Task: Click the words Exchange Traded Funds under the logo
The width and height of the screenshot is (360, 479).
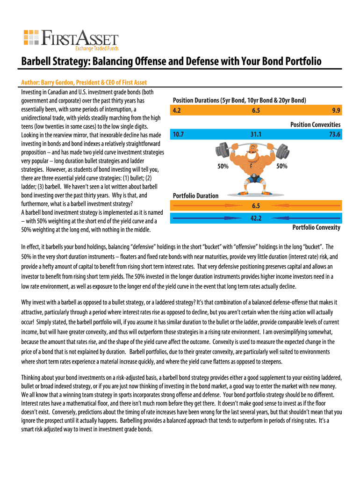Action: (97, 48)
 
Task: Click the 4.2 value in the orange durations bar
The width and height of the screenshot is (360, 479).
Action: (177, 111)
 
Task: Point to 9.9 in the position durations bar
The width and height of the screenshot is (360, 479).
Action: (336, 111)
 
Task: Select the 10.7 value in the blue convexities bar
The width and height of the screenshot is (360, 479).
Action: (178, 134)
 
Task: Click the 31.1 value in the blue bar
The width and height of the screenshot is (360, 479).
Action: (256, 134)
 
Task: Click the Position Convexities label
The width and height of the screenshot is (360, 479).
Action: (315, 124)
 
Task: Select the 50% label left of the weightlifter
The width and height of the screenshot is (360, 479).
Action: (223, 166)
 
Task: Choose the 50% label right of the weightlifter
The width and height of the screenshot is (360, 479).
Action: (281, 166)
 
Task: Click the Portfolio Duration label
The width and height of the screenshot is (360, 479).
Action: (195, 196)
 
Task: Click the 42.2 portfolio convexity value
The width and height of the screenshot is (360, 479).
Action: (256, 218)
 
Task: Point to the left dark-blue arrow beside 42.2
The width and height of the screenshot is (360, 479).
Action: (201, 218)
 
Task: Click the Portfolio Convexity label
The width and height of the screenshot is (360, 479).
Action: (316, 227)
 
